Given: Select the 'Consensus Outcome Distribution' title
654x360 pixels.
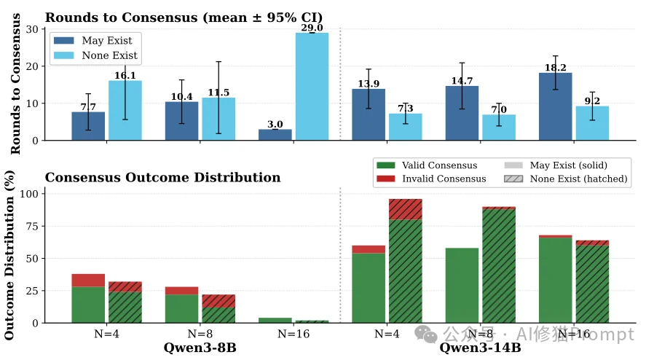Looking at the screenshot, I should (x=162, y=177).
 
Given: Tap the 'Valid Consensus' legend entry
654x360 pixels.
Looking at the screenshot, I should (x=430, y=165).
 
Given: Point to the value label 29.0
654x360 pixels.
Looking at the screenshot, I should (x=312, y=28).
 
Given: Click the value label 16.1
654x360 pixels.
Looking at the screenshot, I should (x=125, y=75).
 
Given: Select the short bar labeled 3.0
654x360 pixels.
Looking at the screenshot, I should (x=275, y=135).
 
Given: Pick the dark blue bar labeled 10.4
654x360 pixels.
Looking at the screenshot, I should (x=181, y=121).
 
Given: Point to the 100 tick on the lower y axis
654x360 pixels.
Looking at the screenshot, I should (x=29, y=194).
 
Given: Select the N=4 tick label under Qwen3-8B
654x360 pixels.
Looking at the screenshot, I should (x=106, y=334).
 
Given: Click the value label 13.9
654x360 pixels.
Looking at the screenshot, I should (x=369, y=84).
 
